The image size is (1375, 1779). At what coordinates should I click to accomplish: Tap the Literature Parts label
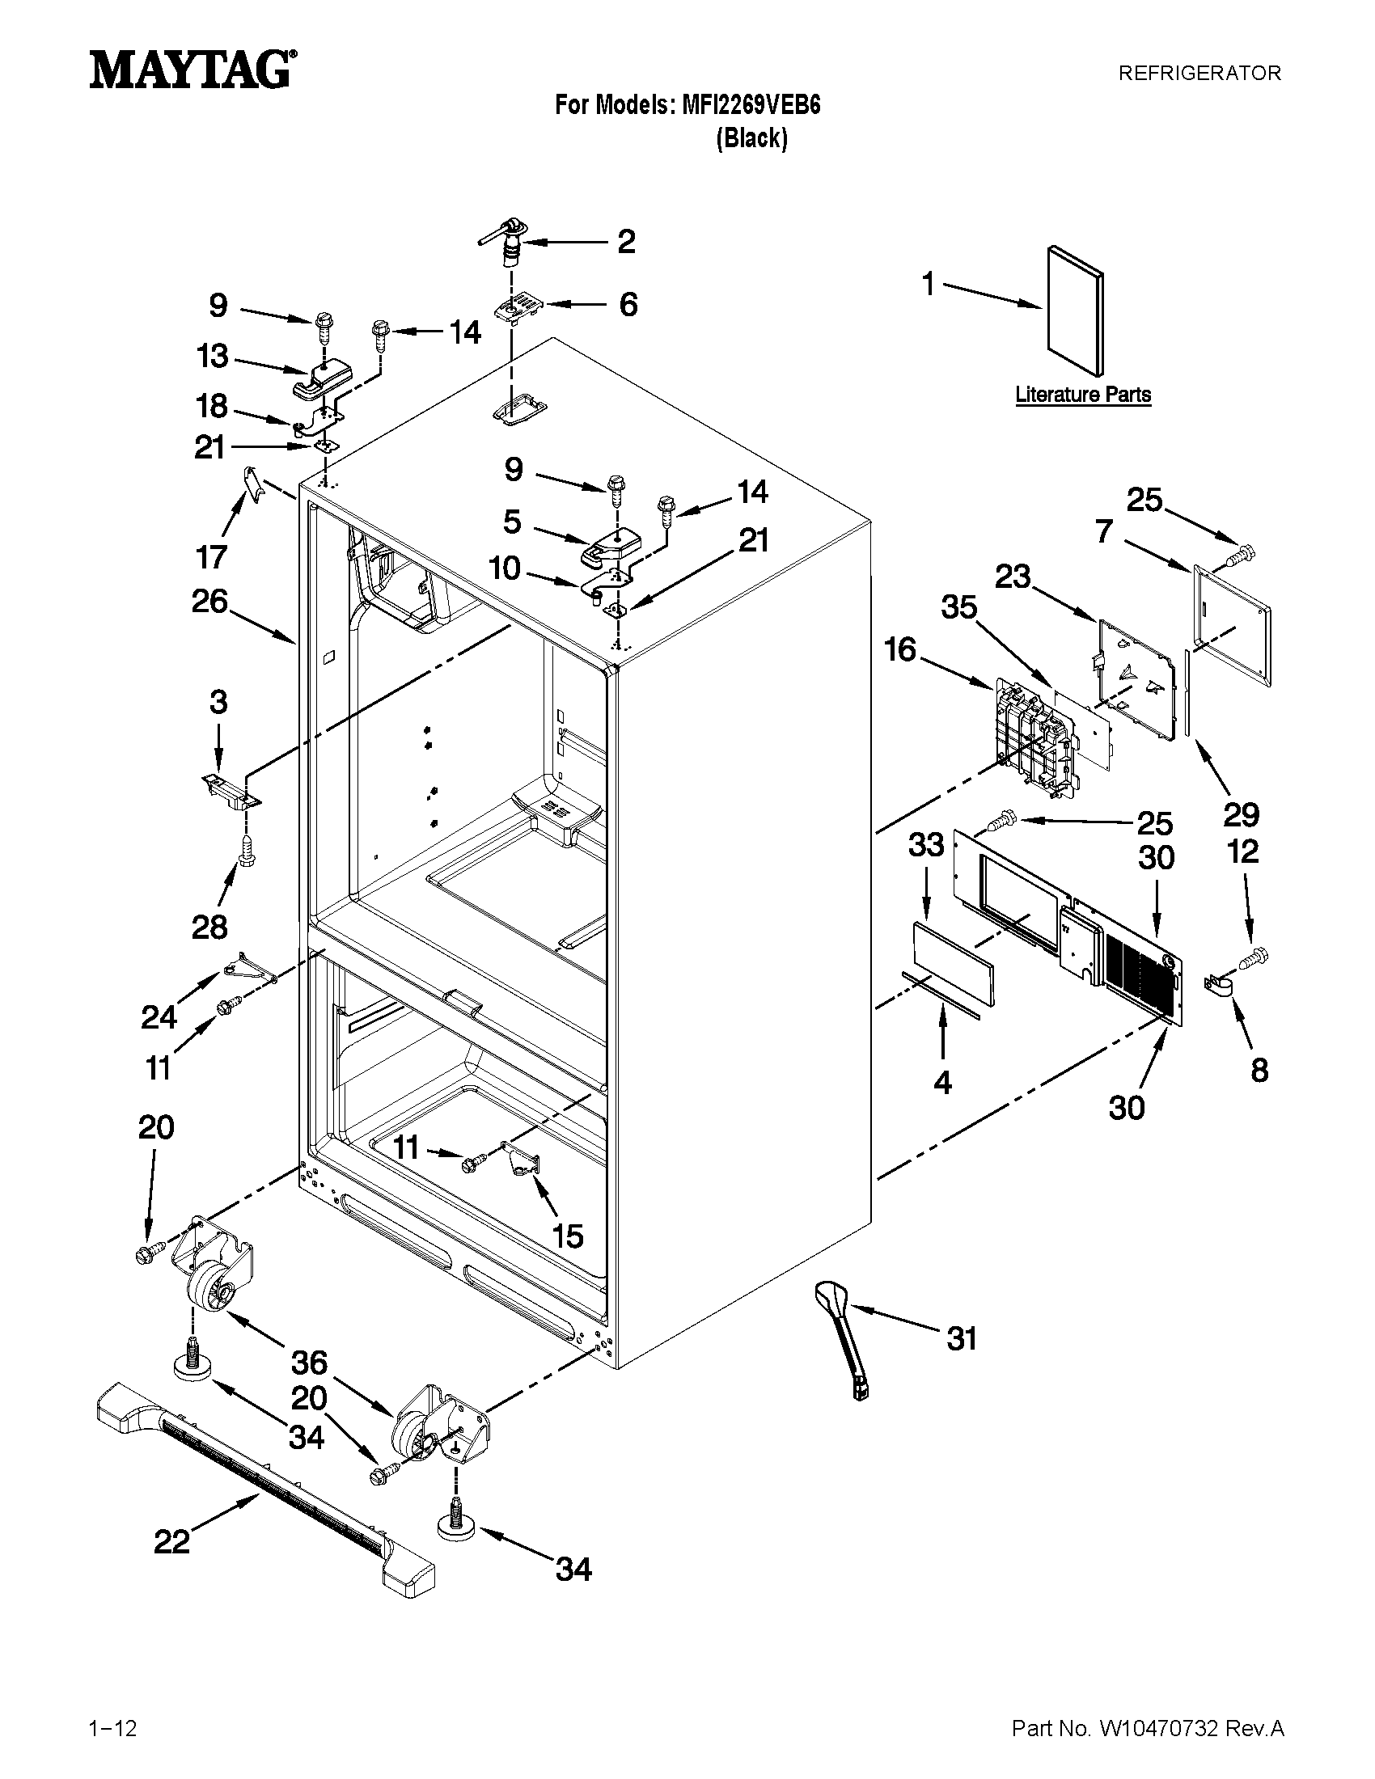click(x=1082, y=395)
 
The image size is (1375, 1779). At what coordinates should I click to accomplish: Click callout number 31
click(x=961, y=1337)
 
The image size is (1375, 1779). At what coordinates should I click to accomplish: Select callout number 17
click(x=210, y=557)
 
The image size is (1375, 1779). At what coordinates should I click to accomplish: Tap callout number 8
click(x=1259, y=1070)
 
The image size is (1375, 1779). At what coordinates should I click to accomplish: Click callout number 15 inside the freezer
click(x=568, y=1236)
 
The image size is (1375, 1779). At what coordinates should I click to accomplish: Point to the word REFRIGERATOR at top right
click(x=1199, y=74)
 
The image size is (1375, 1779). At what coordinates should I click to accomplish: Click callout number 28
click(x=209, y=926)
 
